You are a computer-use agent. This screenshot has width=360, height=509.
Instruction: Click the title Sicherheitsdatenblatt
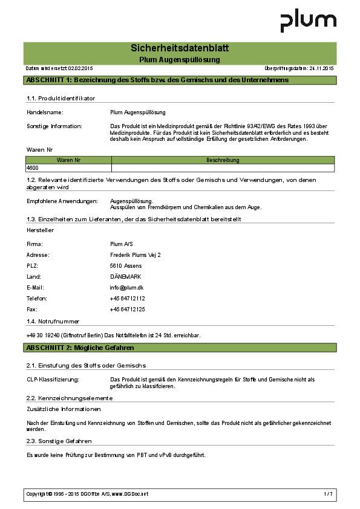pyautogui.click(x=180, y=48)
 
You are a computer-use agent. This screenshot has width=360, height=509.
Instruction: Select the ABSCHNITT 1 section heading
pyautogui.click(x=157, y=80)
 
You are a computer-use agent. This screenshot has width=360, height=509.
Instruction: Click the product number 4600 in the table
pyautogui.click(x=32, y=167)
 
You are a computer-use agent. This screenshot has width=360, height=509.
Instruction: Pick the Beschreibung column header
pyautogui.click(x=223, y=160)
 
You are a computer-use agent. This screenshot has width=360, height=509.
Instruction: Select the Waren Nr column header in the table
pyautogui.click(x=68, y=160)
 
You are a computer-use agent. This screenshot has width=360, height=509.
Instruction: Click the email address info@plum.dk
pyautogui.click(x=126, y=288)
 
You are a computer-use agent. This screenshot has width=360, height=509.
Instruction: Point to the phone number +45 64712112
pyautogui.click(x=127, y=299)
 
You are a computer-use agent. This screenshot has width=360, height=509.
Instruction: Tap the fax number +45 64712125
pyautogui.click(x=127, y=310)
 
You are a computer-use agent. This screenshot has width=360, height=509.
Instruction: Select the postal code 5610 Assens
pyautogui.click(x=125, y=266)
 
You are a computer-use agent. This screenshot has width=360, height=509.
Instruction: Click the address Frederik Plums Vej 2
pyautogui.click(x=136, y=255)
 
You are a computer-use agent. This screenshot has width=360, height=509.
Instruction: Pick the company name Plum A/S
pyautogui.click(x=121, y=244)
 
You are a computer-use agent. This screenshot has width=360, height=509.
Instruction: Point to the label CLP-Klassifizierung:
pyautogui.click(x=53, y=379)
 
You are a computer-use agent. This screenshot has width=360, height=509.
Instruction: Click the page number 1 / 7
pyautogui.click(x=328, y=494)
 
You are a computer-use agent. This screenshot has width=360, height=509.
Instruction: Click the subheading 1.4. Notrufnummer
pyautogui.click(x=53, y=322)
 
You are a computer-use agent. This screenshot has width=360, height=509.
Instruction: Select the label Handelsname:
pyautogui.click(x=45, y=112)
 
